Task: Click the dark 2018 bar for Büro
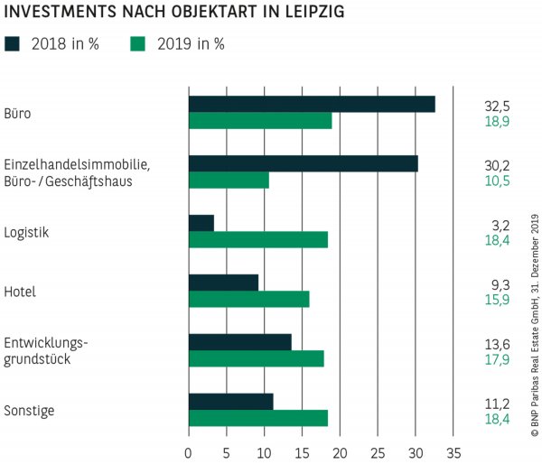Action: (312, 104)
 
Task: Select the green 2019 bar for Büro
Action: (260, 121)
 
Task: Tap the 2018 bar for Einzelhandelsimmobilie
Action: (303, 163)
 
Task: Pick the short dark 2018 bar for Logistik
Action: (201, 223)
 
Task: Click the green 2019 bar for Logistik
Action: (257, 240)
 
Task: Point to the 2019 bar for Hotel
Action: (248, 300)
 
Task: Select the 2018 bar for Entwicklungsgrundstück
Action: (239, 342)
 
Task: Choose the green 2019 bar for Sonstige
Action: (257, 419)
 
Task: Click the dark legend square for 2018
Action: (12, 43)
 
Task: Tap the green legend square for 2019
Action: (138, 43)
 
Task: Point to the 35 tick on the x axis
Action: (453, 450)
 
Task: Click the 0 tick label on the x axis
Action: (188, 450)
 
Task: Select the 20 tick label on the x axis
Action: (340, 450)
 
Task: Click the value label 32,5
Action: (498, 106)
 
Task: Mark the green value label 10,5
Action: (498, 181)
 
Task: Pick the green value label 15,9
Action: (498, 300)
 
